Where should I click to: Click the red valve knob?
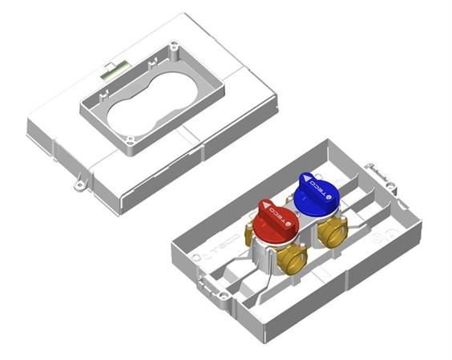277,220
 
